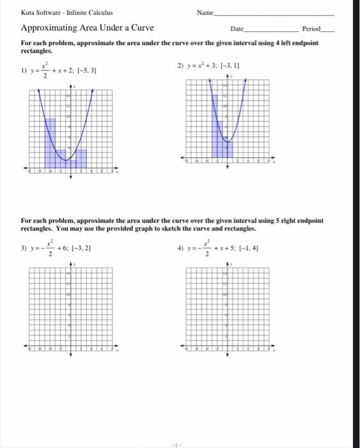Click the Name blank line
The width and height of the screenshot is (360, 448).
click(x=275, y=14)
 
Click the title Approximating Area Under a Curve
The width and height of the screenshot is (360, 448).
click(x=87, y=28)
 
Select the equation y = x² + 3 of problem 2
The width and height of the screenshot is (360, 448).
click(x=203, y=66)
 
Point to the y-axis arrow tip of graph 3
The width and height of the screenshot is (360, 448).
click(x=70, y=262)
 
